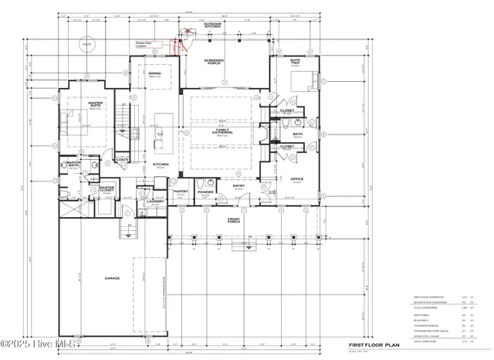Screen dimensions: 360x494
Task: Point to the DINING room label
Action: (154, 74)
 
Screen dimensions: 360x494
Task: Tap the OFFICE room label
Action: (297, 180)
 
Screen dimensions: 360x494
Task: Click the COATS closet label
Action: (122, 160)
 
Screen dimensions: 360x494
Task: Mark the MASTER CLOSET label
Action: (107, 188)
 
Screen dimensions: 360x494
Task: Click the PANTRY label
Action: (181, 192)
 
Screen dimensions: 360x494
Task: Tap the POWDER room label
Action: (205, 192)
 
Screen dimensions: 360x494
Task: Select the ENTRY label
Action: (239, 185)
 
